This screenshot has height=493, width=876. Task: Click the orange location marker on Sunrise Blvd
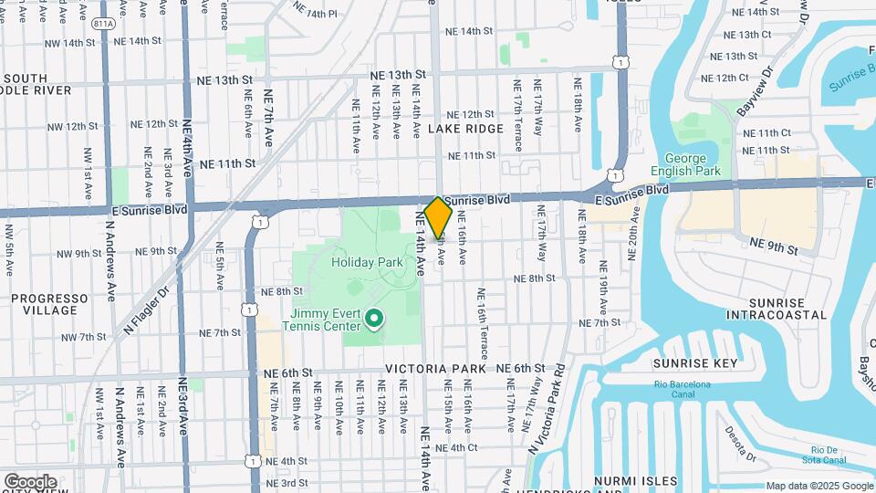click(438, 217)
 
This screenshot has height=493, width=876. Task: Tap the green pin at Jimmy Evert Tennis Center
click(373, 319)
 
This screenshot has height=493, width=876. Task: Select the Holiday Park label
click(367, 262)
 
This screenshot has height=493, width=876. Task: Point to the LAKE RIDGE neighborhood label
click(465, 129)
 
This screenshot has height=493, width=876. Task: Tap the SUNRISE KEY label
click(694, 362)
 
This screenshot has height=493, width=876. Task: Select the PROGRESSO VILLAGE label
click(50, 304)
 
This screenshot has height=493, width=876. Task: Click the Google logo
click(30, 481)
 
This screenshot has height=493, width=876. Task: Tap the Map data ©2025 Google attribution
click(819, 486)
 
